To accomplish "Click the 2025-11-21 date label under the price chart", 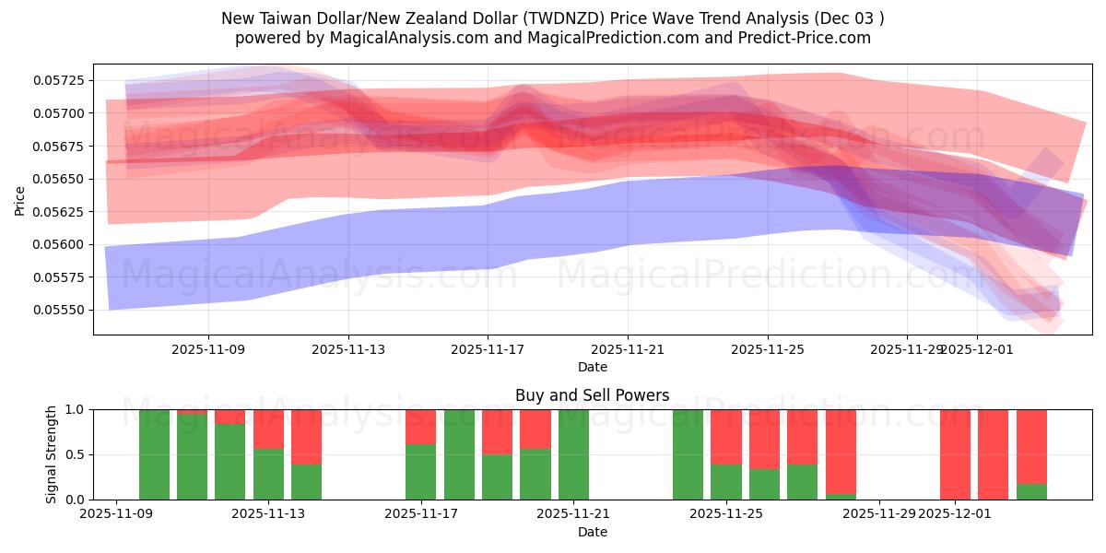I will tap(628, 350).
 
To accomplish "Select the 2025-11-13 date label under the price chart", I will tap(348, 350).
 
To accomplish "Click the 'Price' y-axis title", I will tap(20, 200).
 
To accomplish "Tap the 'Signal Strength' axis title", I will tap(52, 454).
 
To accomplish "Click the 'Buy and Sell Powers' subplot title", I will tap(592, 396).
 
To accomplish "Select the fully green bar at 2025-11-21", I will tap(573, 454).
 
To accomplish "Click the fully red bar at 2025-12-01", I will tap(955, 454).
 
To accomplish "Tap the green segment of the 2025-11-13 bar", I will tap(268, 474).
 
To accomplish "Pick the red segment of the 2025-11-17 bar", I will tap(420, 427).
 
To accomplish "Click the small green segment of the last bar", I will tap(1031, 491).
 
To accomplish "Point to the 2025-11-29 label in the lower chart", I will tap(880, 514).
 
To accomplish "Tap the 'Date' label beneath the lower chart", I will tap(592, 532).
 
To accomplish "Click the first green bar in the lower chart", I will tap(154, 454).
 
